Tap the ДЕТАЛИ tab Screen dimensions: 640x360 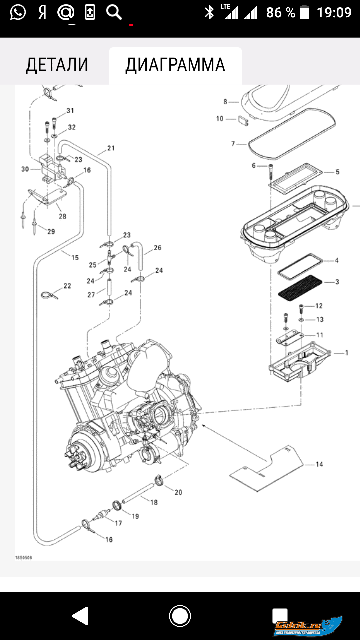click(x=57, y=65)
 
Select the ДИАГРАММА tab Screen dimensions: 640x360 click(x=175, y=65)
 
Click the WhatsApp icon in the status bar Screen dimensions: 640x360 click(x=18, y=13)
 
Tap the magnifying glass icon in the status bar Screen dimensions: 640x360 click(x=114, y=13)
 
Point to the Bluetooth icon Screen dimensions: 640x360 click(x=209, y=13)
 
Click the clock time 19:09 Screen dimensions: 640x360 click(x=334, y=13)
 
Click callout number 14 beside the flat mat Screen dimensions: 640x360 click(x=319, y=464)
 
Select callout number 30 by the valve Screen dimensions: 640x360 click(x=25, y=169)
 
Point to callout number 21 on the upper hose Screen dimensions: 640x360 click(x=111, y=148)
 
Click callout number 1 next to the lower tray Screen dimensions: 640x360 click(x=347, y=353)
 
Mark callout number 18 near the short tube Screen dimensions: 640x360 click(x=154, y=502)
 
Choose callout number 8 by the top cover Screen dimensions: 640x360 click(x=225, y=102)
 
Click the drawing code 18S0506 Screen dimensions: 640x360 click(x=24, y=558)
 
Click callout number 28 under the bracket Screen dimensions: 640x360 click(x=63, y=217)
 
